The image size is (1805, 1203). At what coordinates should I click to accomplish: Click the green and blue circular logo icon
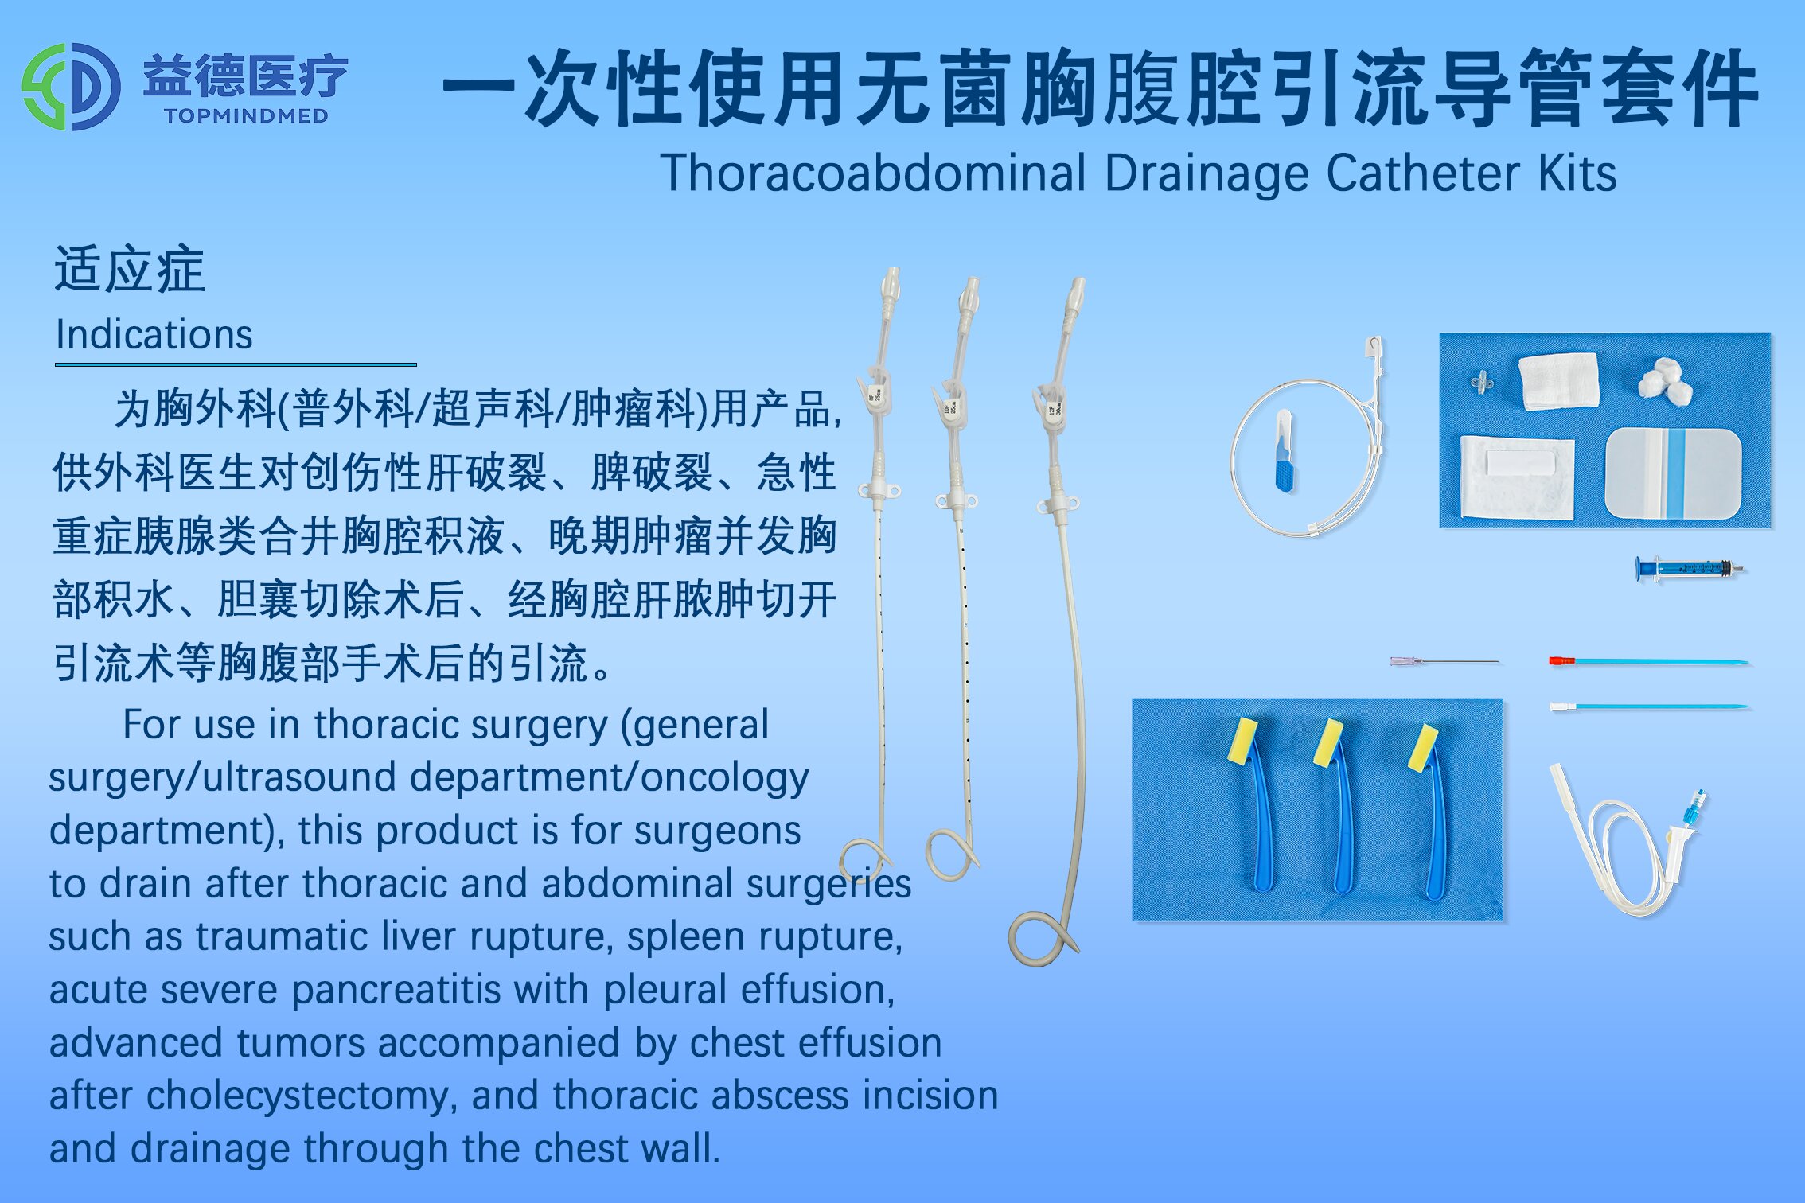[72, 87]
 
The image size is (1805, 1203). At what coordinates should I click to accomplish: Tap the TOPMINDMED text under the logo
[246, 116]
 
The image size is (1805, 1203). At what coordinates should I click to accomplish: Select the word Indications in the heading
[154, 334]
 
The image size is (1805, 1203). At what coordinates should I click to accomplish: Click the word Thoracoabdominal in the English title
[873, 173]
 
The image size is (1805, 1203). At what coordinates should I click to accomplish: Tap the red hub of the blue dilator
[1561, 660]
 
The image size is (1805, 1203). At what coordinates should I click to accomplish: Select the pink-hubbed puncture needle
[1444, 661]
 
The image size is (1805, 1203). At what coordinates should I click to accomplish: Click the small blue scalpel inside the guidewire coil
[1284, 451]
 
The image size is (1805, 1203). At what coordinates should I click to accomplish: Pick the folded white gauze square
[1558, 381]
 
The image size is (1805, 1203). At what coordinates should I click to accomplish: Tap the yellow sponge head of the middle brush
[1328, 743]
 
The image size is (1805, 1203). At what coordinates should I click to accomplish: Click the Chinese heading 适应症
[129, 269]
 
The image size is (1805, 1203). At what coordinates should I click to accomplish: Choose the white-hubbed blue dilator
[1648, 706]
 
